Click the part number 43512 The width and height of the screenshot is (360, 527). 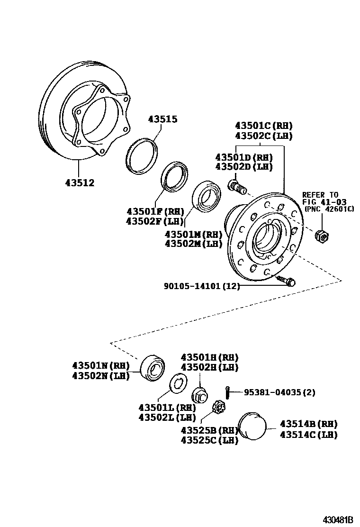tap(80, 183)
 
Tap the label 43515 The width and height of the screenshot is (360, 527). tap(162, 119)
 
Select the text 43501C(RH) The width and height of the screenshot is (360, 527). tap(264, 126)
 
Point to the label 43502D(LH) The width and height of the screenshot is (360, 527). tap(244, 167)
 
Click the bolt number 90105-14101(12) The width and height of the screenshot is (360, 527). tap(202, 286)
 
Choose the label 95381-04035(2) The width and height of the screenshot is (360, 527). tap(279, 392)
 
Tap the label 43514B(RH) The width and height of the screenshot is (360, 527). tap(308, 423)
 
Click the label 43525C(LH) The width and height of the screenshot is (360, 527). tap(209, 441)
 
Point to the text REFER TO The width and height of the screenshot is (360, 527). tap(321, 195)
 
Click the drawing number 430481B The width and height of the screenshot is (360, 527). tap(338, 519)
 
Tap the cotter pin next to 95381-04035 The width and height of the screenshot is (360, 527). tap(228, 392)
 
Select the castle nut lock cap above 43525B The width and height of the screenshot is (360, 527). tap(220, 406)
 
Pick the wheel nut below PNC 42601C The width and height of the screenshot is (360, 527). tap(322, 234)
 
